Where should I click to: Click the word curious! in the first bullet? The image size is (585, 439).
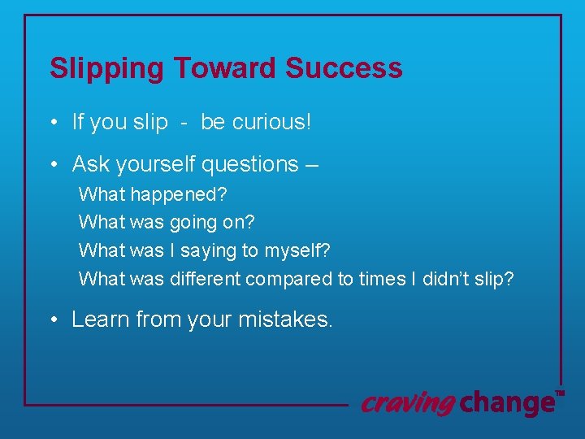click(x=272, y=122)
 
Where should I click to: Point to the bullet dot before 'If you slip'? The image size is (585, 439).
click(x=52, y=124)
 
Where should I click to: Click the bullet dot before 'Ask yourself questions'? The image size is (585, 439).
click(x=52, y=165)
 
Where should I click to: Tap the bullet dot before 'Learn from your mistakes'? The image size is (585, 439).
click(x=52, y=320)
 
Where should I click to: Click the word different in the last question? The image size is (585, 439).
click(x=205, y=278)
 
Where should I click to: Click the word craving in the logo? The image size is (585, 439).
click(x=407, y=402)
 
